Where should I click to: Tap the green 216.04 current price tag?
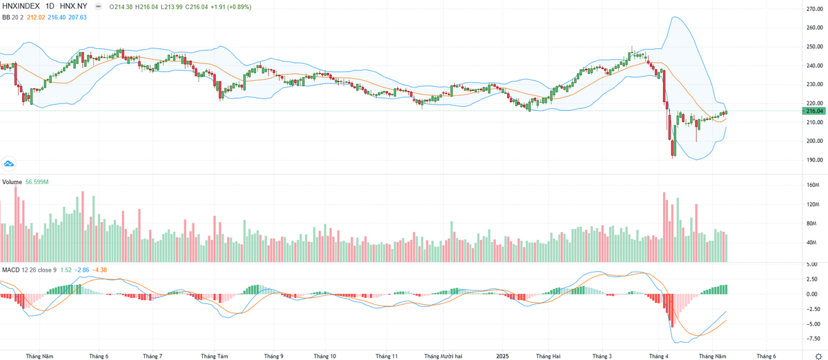815,110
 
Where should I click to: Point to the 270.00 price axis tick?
815,9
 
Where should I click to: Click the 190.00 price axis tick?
815,160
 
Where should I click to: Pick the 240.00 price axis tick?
815,66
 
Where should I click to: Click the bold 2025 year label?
502,356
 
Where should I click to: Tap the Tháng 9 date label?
273,356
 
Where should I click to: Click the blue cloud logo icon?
9,163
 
